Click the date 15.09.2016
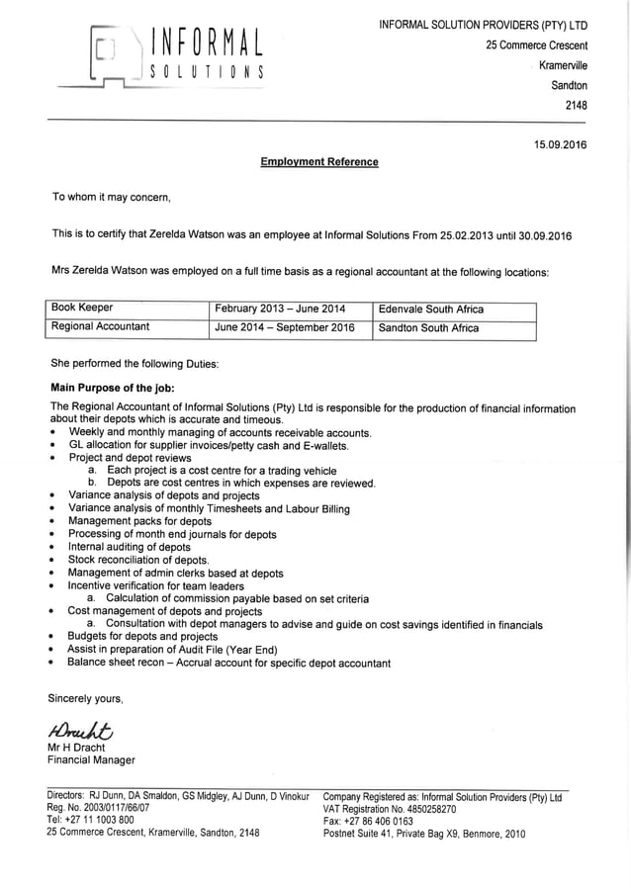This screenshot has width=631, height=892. [560, 144]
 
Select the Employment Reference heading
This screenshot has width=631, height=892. [318, 161]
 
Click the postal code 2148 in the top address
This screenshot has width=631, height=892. [575, 105]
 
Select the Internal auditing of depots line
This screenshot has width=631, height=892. [130, 547]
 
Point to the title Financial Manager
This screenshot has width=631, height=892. [91, 760]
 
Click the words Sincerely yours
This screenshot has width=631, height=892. [86, 699]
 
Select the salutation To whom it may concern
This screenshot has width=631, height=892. [112, 197]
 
